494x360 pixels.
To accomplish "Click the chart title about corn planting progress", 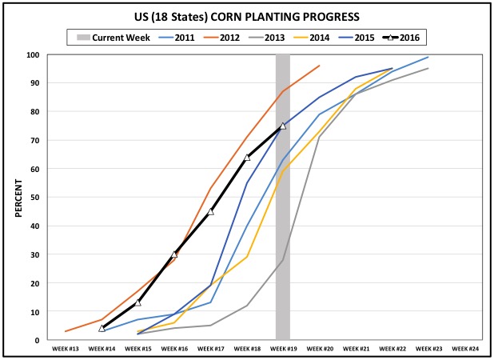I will (x=246, y=16).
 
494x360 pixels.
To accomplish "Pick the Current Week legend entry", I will (x=111, y=37).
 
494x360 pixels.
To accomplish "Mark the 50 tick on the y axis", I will (x=36, y=198).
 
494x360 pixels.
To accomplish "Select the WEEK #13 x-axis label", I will (x=65, y=350).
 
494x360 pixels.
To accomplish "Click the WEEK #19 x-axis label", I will (x=282, y=350).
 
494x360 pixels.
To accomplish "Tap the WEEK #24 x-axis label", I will (x=464, y=350).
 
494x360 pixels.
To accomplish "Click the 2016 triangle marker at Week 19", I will (x=282, y=126).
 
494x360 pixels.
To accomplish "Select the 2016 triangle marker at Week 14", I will (x=102, y=328).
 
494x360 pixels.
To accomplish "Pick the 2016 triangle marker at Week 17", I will (x=210, y=211).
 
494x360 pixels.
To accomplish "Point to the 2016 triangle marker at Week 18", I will (x=246, y=158).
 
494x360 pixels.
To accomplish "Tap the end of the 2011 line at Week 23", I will (x=428, y=58).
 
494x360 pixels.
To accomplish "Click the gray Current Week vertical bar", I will (x=282, y=240).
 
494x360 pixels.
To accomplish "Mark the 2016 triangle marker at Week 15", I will (x=137, y=302).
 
